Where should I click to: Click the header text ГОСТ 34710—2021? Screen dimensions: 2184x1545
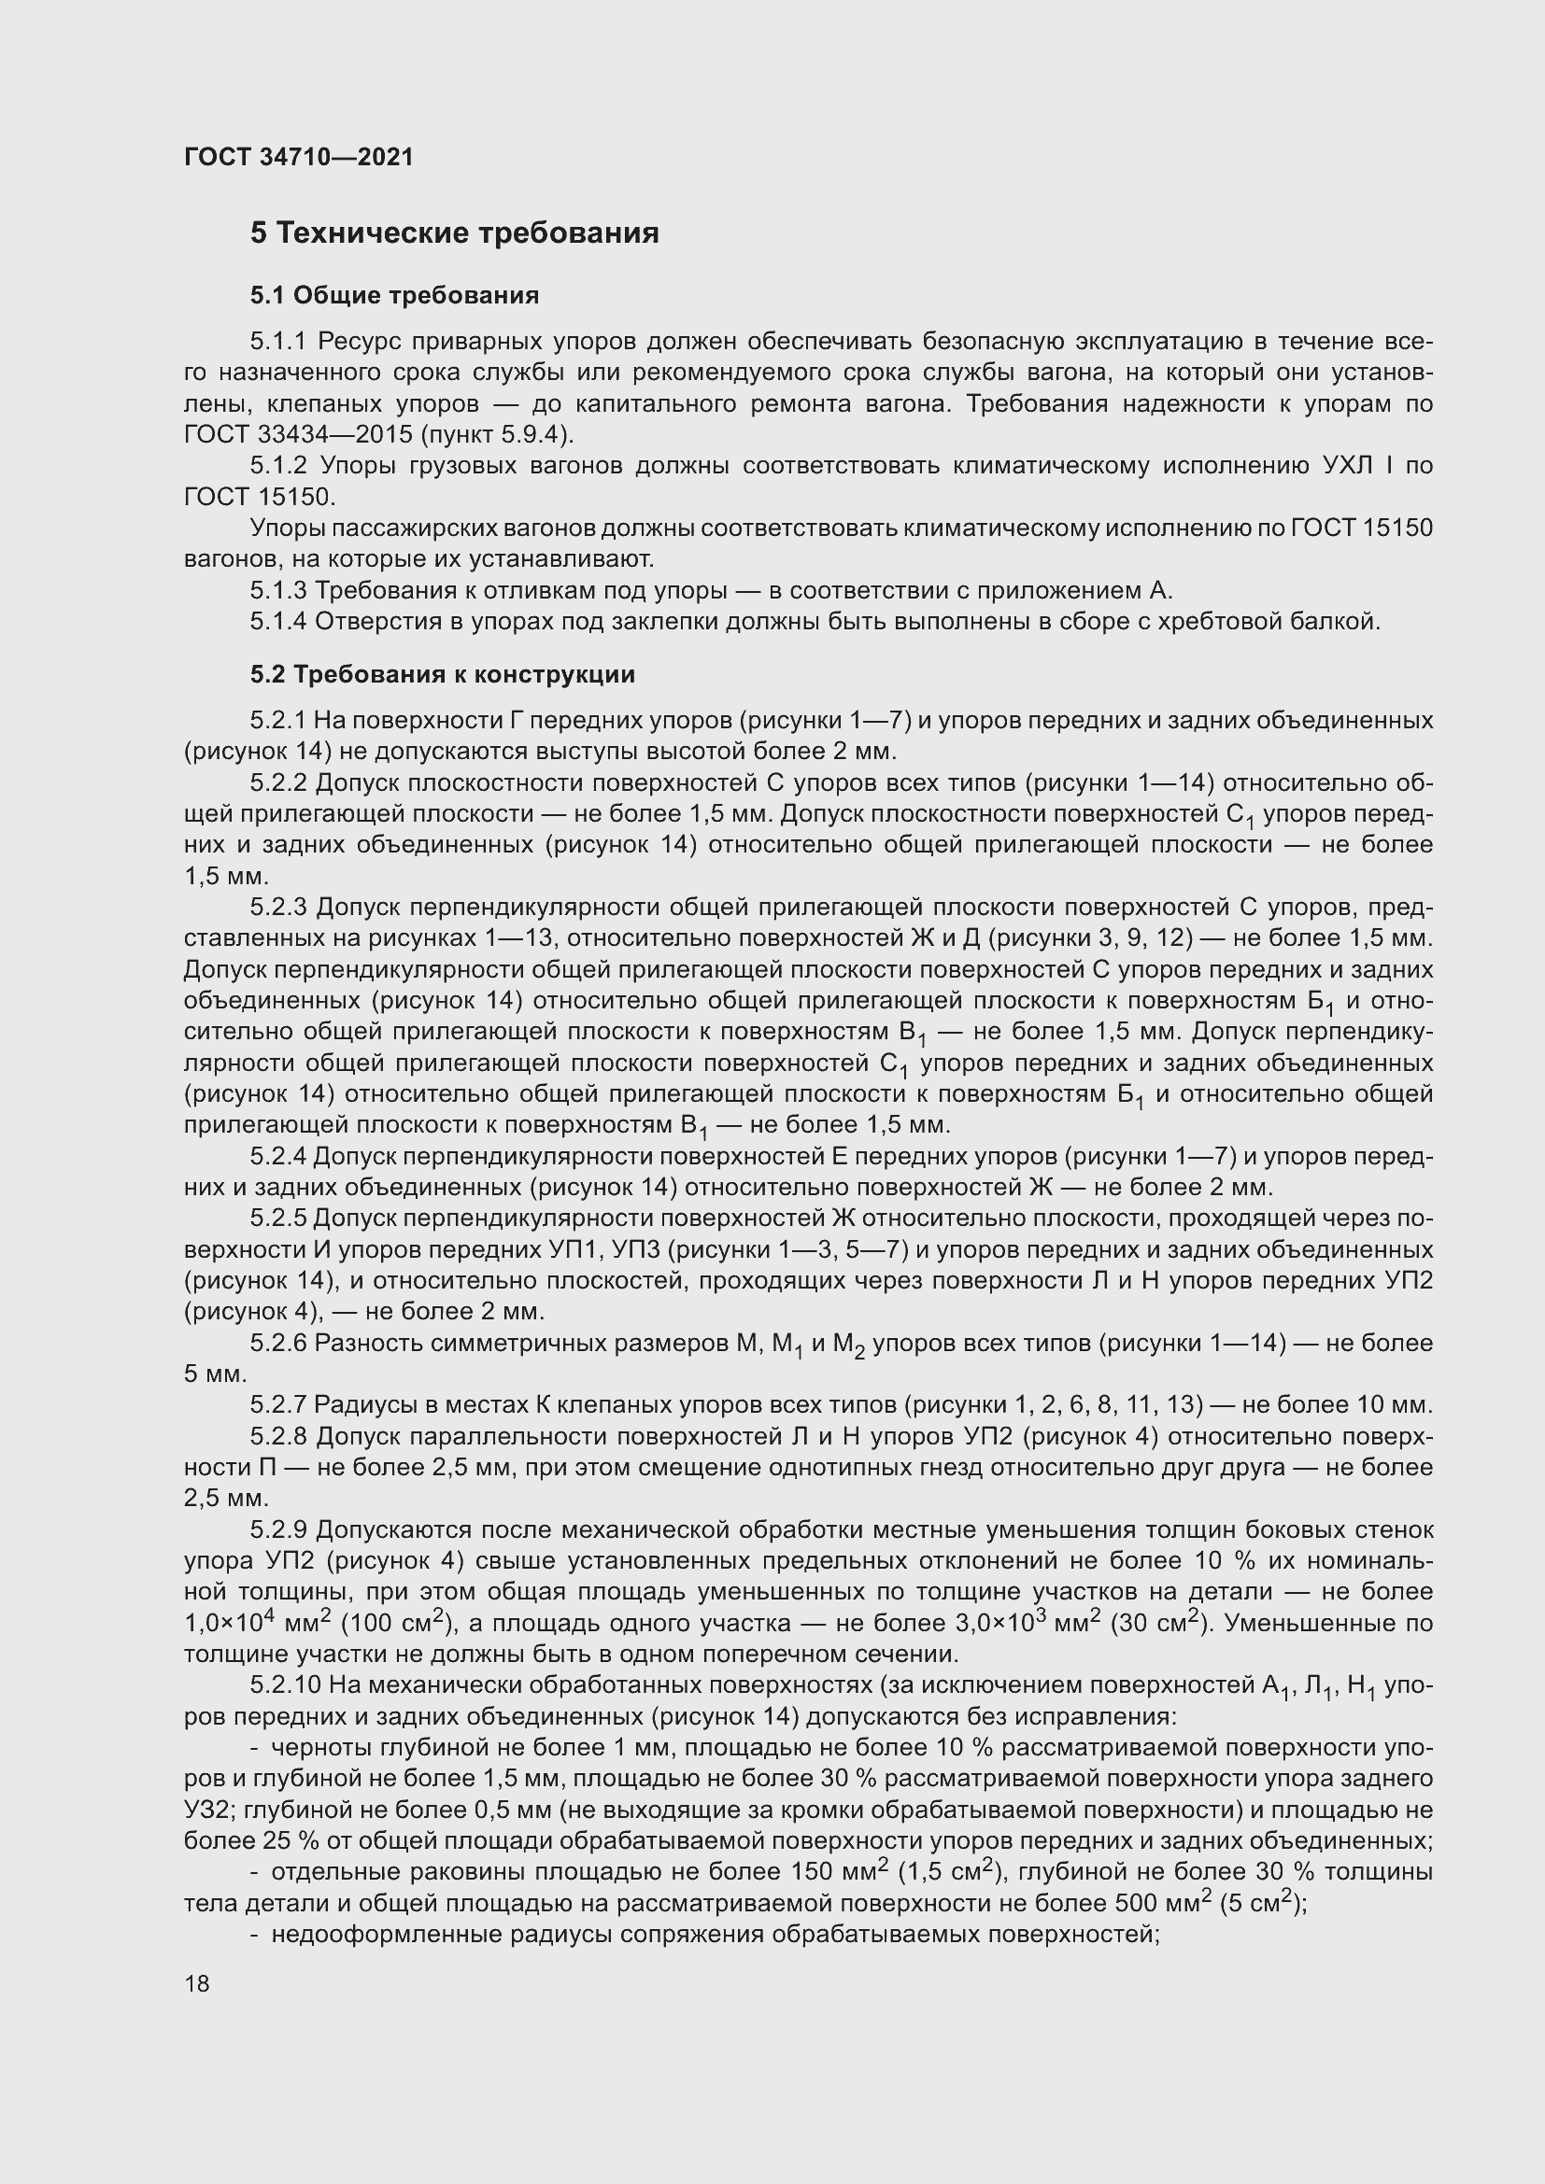pos(299,157)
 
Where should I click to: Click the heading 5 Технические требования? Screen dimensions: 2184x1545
pos(454,233)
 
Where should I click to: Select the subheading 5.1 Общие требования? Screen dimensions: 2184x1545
pos(394,296)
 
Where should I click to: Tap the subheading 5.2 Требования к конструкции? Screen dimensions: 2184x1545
pos(443,674)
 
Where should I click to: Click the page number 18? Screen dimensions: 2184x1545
pos(197,1983)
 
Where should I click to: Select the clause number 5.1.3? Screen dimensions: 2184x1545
pos(277,591)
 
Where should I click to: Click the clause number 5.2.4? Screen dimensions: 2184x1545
pos(277,1156)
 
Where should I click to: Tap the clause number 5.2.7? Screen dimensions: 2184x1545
pos(277,1404)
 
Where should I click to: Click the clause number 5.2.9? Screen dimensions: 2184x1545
pos(277,1529)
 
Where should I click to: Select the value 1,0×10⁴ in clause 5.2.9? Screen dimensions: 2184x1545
pos(229,1623)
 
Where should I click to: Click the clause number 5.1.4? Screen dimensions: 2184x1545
pos(277,622)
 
